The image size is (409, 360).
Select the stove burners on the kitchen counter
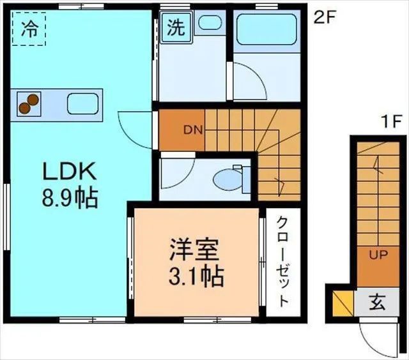pyautogui.click(x=28, y=103)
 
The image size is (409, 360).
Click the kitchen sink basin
pyautogui.click(x=81, y=103)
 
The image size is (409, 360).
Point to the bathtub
pyautogui.click(x=264, y=32)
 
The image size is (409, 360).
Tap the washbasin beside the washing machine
pyautogui.click(x=209, y=23)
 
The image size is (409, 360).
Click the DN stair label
pyautogui.click(x=193, y=130)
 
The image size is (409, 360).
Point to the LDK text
pyautogui.click(x=69, y=172)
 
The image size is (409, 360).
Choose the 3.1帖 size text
pyautogui.click(x=196, y=276)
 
